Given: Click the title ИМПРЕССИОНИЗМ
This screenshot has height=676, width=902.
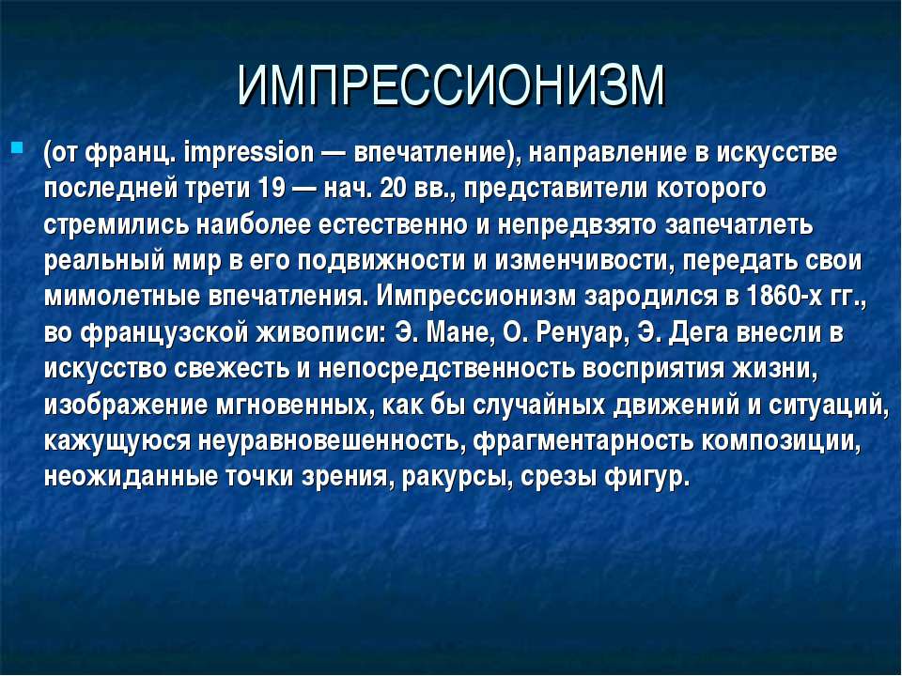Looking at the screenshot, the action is pos(451,85).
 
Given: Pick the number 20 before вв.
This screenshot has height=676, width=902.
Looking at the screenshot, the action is pos(393,189).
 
